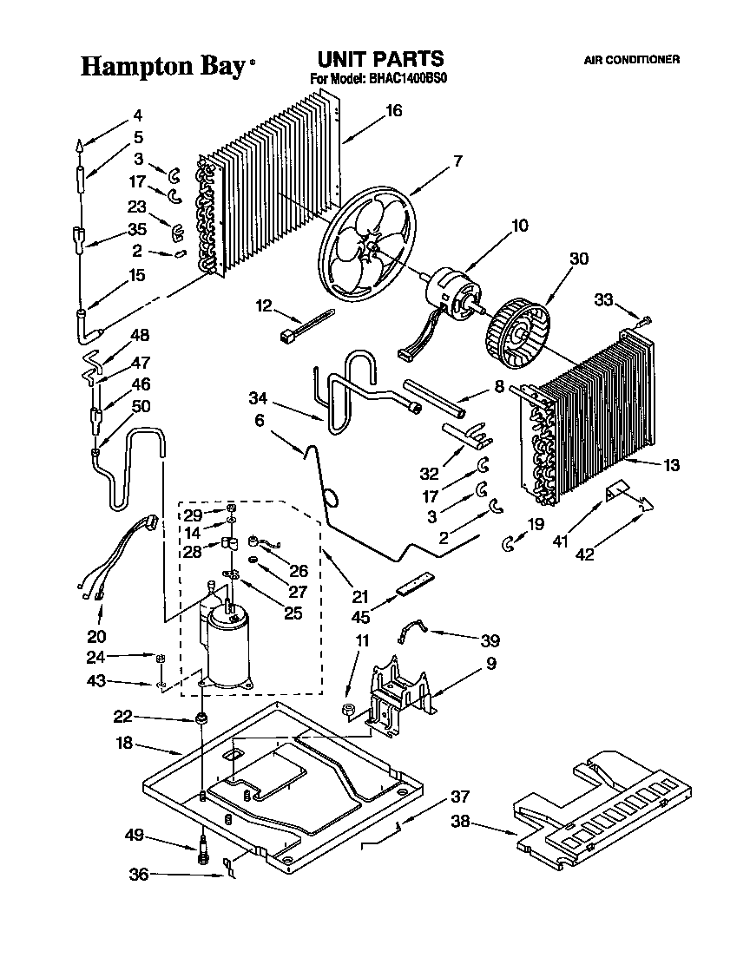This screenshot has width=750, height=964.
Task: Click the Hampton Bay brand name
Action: click(x=162, y=67)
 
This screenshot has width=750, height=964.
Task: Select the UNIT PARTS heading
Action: click(x=379, y=59)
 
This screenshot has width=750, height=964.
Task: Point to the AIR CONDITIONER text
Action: click(x=631, y=60)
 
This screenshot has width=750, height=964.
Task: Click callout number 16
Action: click(x=393, y=110)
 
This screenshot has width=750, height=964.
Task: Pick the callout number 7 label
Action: click(x=457, y=161)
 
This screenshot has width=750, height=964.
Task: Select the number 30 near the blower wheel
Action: click(x=578, y=258)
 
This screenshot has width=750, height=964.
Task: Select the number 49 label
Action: click(x=133, y=837)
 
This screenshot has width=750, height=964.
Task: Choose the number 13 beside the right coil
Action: click(x=671, y=465)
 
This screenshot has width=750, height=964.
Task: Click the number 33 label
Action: click(x=604, y=299)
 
